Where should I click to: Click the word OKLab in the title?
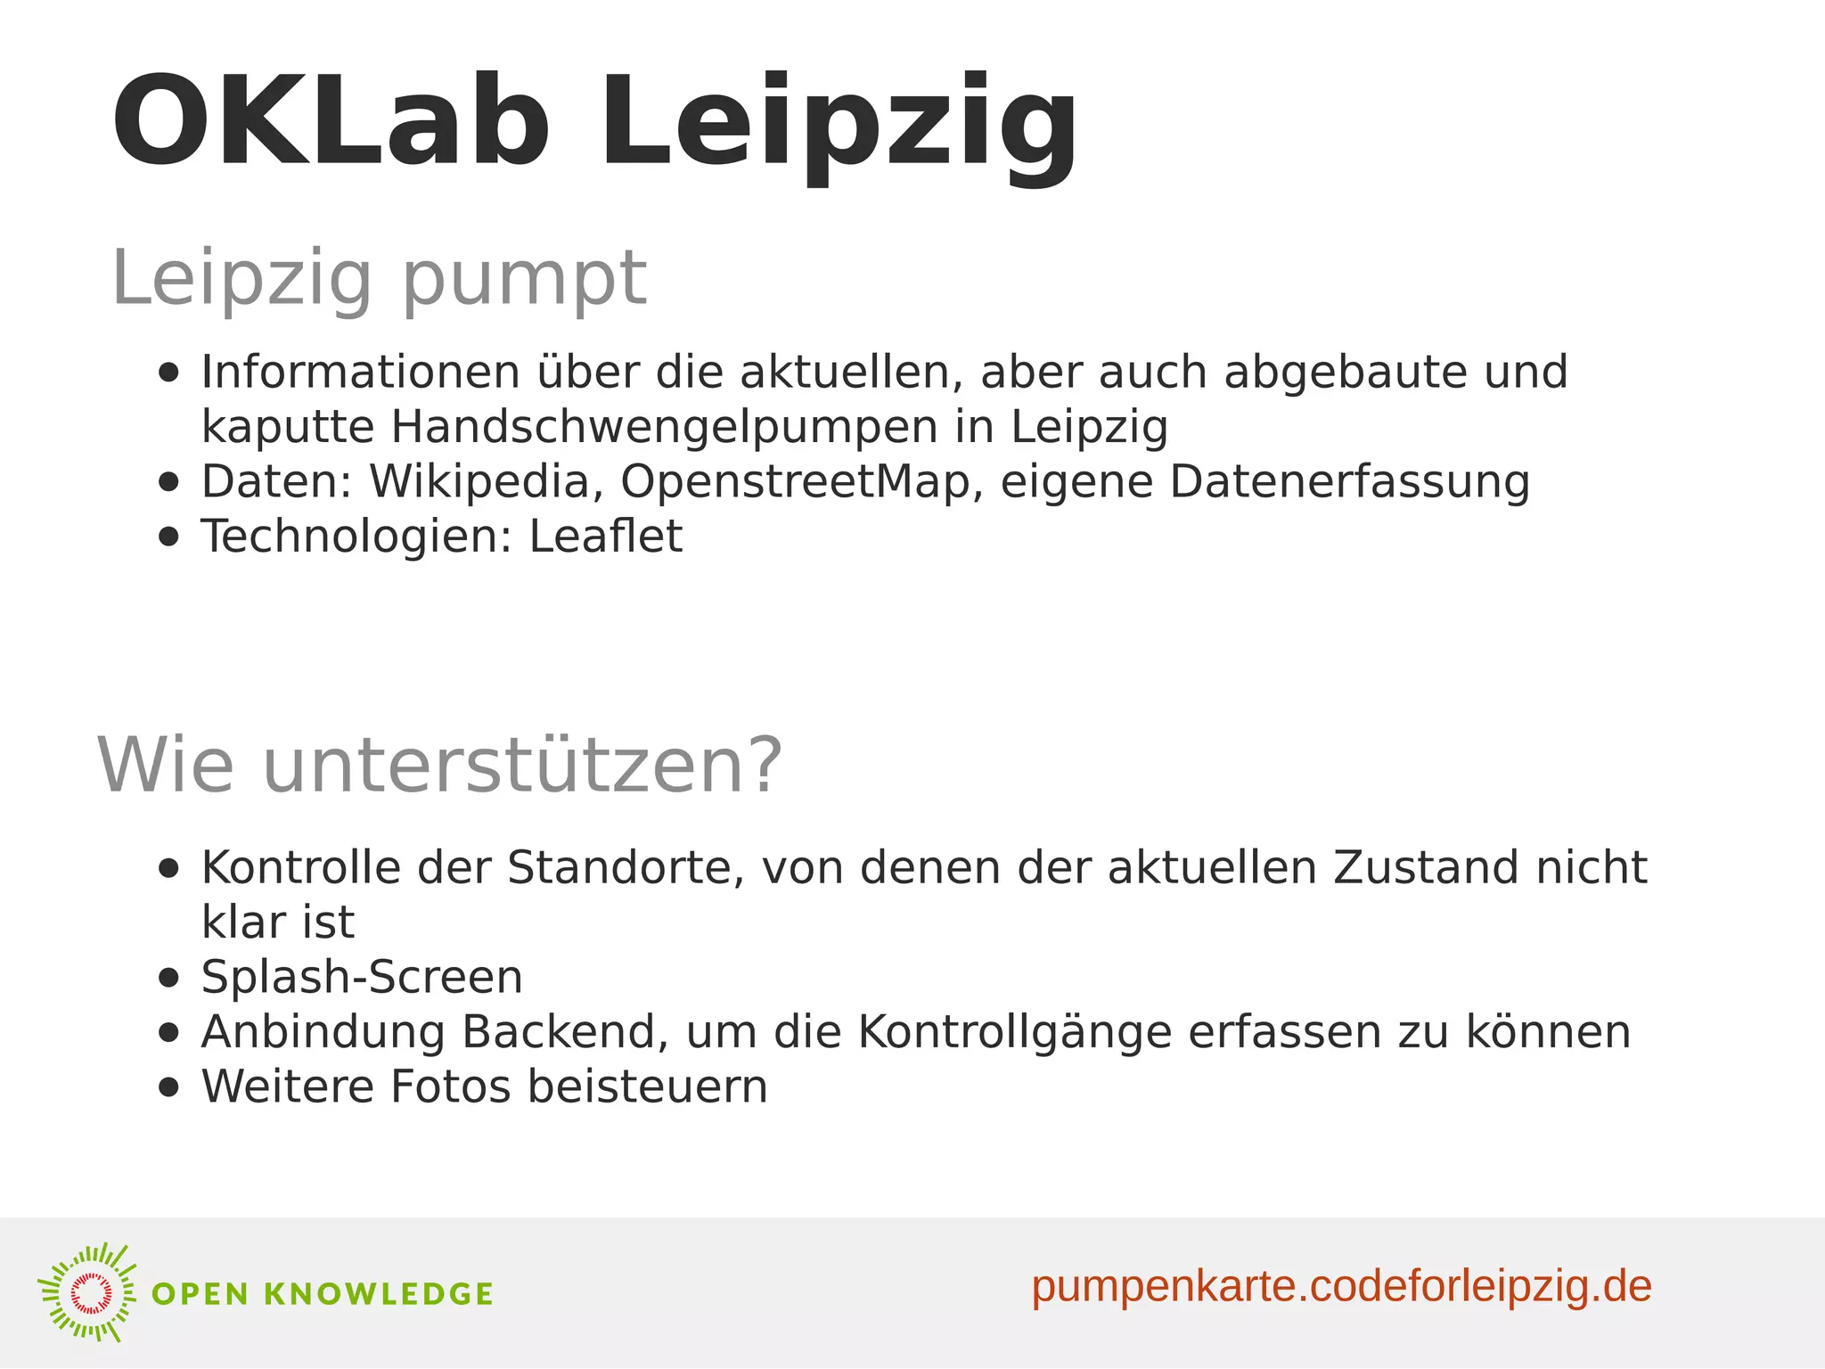click(330, 122)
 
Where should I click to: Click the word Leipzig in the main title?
click(839, 125)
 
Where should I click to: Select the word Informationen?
click(360, 372)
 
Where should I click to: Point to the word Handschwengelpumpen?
click(664, 427)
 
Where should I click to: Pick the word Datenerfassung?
click(1349, 482)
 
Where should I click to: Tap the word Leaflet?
click(605, 537)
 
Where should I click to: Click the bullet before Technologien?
click(168, 537)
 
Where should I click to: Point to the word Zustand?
click(1413, 867)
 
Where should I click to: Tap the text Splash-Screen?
click(362, 977)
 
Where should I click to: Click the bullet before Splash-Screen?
click(168, 978)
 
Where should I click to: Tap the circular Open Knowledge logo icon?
click(88, 1292)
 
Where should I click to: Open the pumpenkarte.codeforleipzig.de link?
click(1341, 1287)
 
